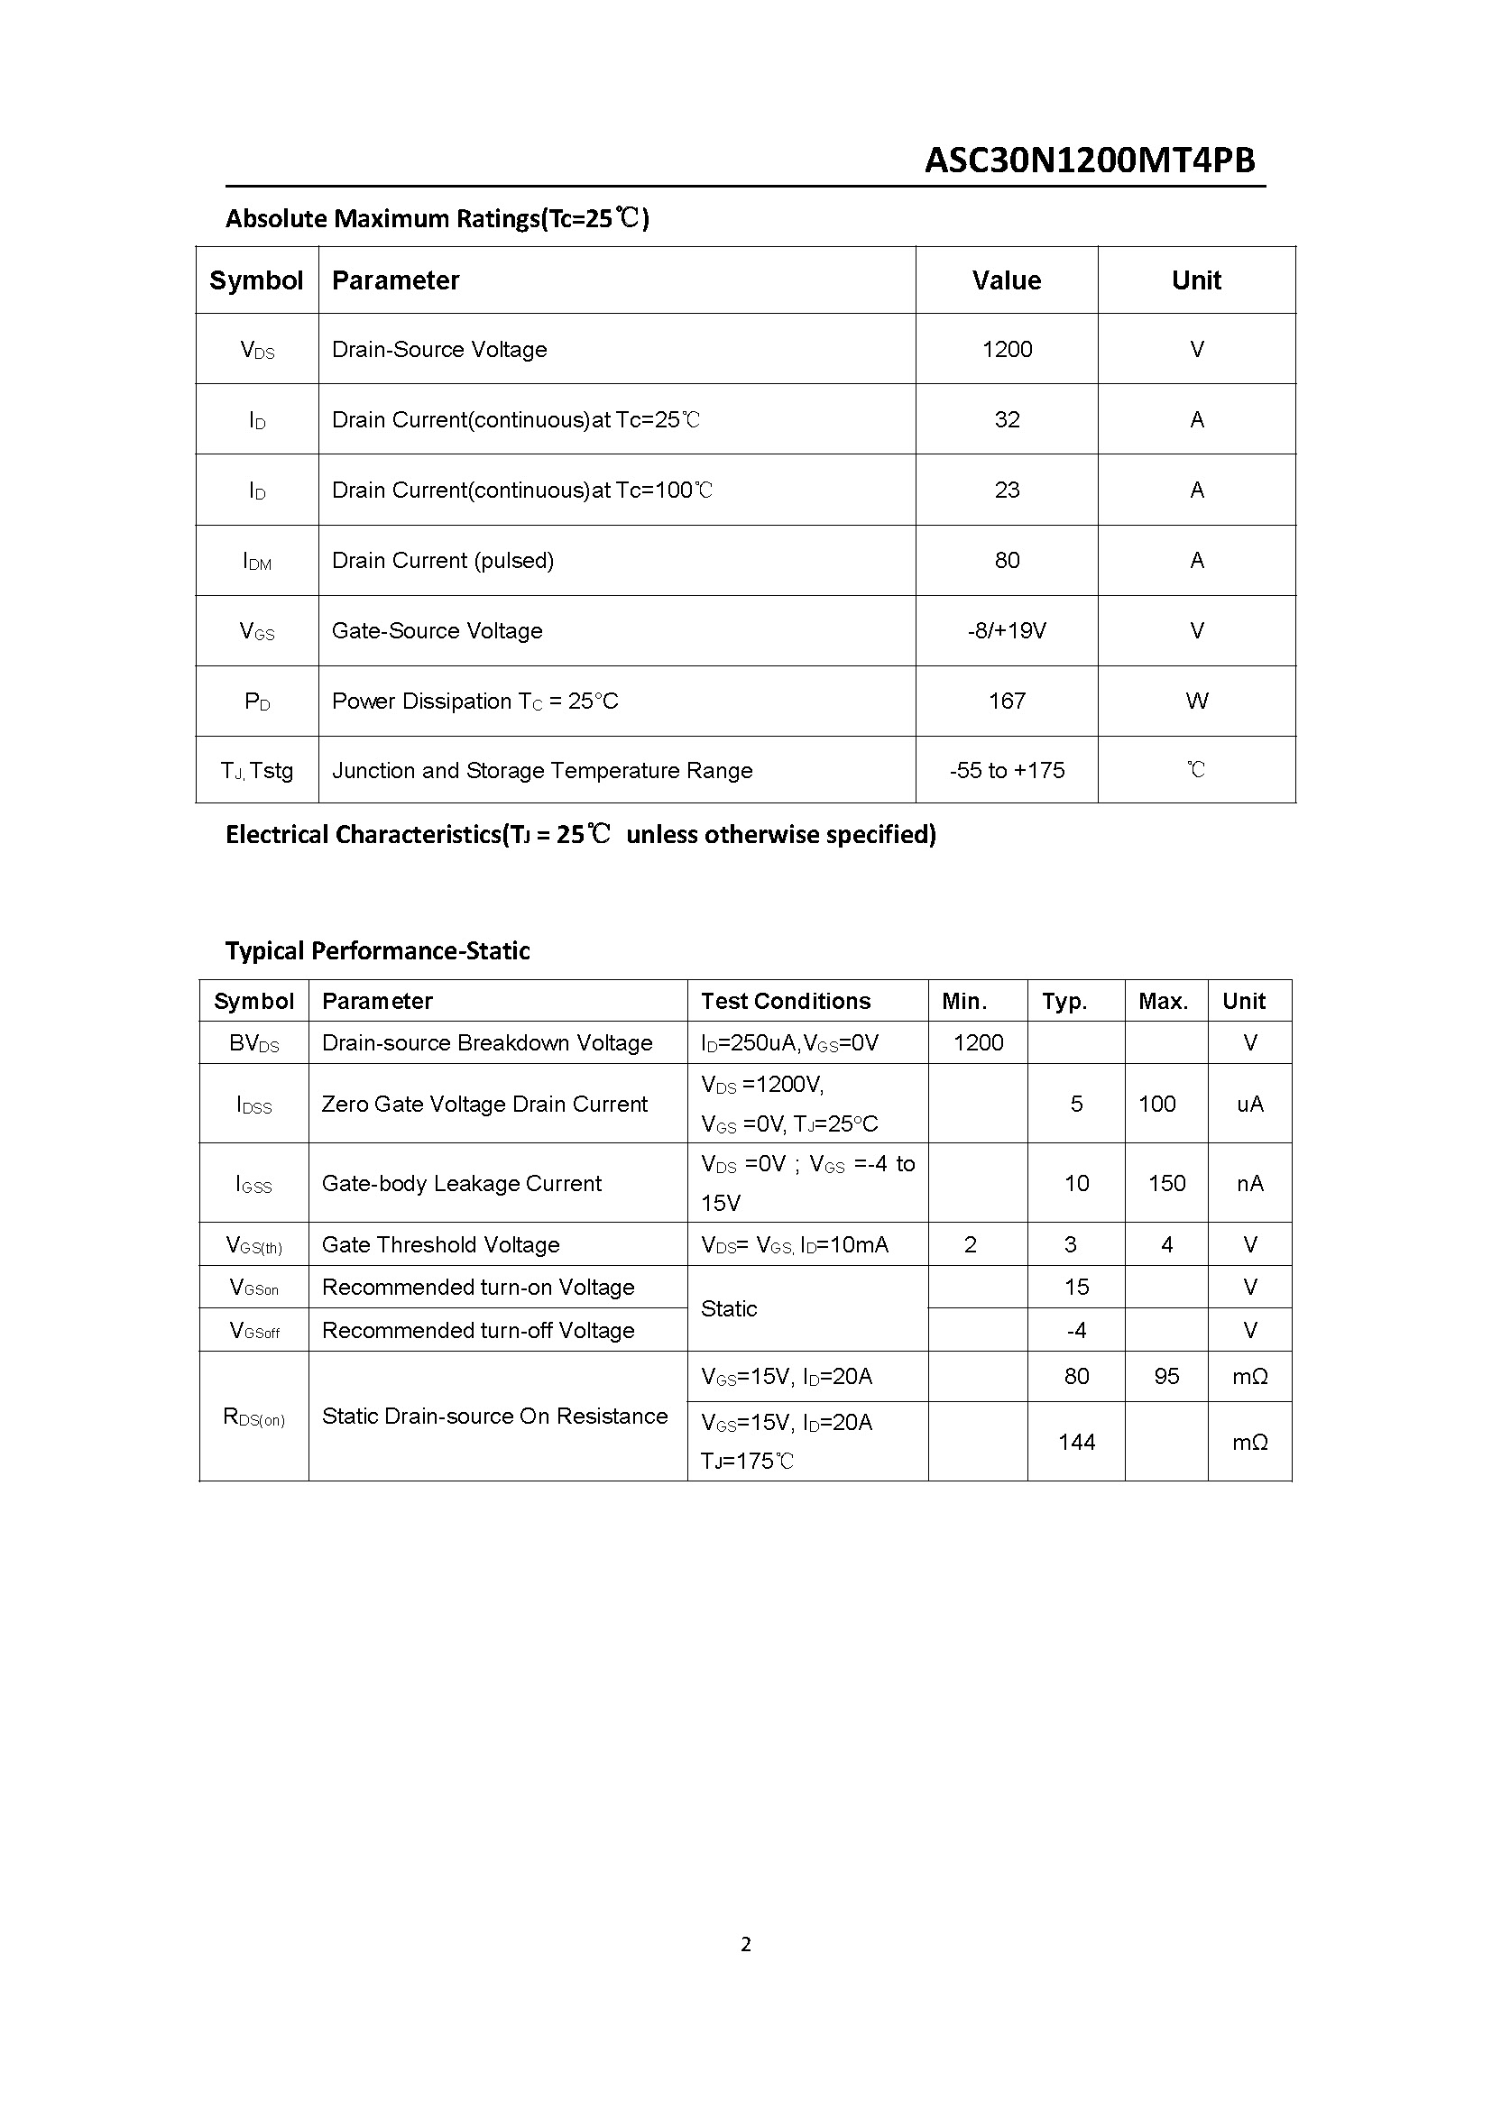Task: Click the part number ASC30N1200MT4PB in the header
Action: pos(1089,160)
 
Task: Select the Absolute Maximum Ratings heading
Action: pos(437,218)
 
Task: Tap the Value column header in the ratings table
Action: pos(1006,280)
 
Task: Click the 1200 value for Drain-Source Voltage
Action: pos(1006,349)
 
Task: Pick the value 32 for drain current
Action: pos(1006,420)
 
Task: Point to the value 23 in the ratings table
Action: pos(1006,490)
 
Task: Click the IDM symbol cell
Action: pos(257,561)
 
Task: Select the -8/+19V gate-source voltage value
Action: pos(1006,631)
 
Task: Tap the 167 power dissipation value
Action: pos(1006,701)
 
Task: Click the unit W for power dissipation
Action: pos(1196,701)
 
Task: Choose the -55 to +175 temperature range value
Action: pos(1006,771)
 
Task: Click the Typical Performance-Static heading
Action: pos(378,950)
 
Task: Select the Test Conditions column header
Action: pos(786,1001)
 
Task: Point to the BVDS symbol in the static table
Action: pos(253,1043)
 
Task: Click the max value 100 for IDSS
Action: pos(1156,1105)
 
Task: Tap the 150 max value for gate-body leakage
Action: pos(1165,1183)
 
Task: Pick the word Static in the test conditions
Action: pos(729,1309)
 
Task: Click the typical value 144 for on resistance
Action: pos(1076,1442)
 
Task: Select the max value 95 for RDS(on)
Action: pos(1165,1376)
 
